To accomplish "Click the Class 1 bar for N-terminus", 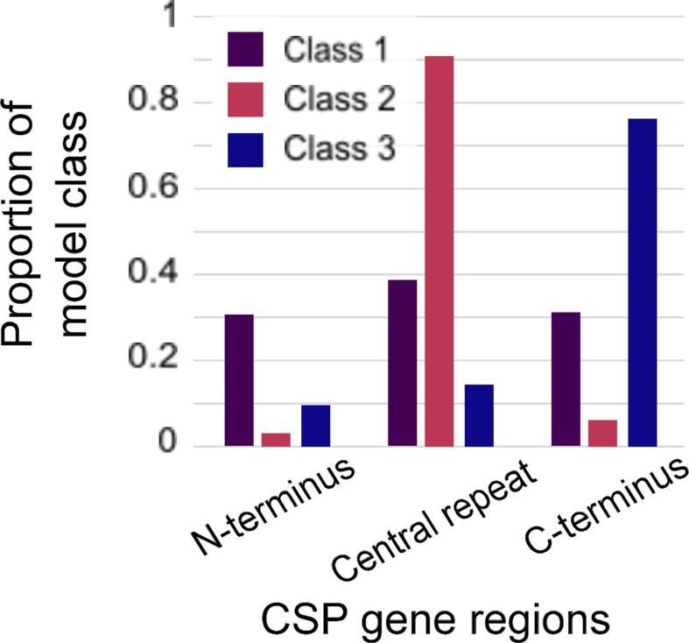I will [239, 380].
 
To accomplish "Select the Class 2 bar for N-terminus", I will [277, 439].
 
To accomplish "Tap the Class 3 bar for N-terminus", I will [315, 426].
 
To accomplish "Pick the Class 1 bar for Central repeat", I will [402, 363].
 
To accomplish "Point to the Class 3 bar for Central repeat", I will [479, 415].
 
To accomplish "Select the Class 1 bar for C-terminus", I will [565, 379].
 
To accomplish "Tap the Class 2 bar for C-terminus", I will [603, 433].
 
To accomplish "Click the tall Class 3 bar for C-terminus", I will [642, 282].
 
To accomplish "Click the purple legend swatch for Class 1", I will [246, 50].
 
